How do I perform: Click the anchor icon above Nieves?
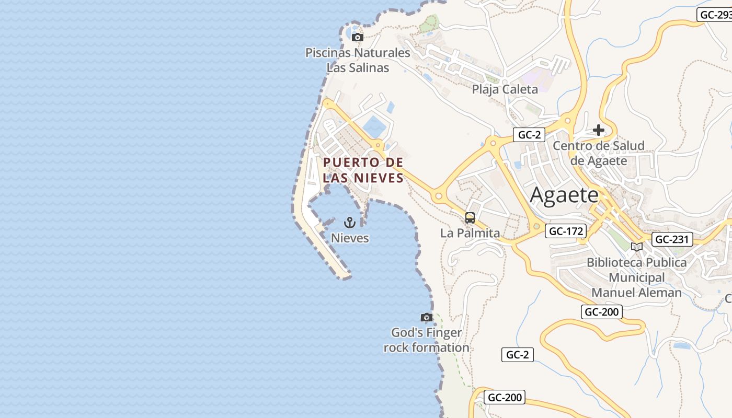[350, 223]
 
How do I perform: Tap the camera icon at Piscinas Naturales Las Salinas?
[358, 37]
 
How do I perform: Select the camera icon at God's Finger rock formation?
[427, 317]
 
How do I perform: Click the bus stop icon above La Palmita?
[470, 218]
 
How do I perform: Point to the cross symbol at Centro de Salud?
[599, 130]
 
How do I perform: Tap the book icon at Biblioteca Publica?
[636, 247]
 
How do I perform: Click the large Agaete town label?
[564, 195]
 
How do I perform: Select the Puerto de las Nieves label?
[363, 170]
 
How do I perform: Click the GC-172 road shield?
[566, 230]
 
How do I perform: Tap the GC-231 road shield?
[672, 239]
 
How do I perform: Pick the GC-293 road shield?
[715, 15]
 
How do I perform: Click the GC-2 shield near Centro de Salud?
[529, 135]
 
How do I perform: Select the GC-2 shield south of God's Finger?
[517, 355]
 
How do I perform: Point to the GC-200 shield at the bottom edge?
[504, 397]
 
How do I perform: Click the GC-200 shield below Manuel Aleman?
[601, 312]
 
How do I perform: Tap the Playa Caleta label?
[505, 89]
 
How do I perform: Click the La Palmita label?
[470, 233]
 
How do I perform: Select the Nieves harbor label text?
[350, 238]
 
